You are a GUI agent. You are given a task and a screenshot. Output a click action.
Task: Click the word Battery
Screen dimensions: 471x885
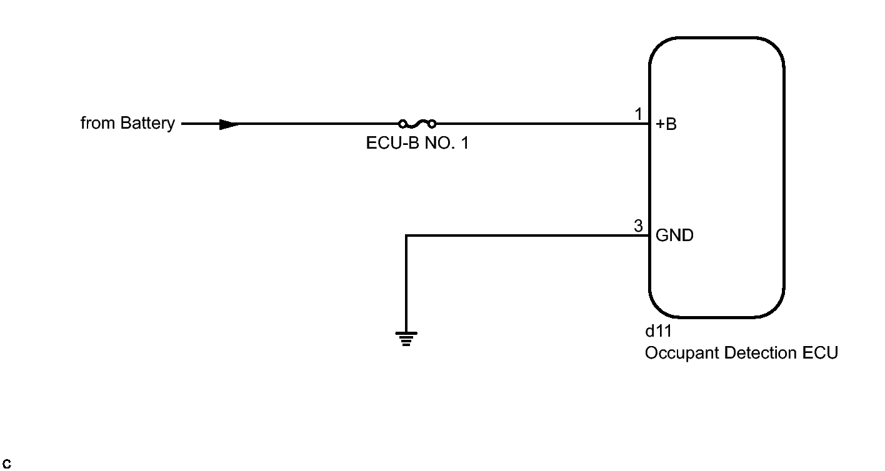coord(147,124)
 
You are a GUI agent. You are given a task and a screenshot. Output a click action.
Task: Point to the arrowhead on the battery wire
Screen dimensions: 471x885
coord(229,124)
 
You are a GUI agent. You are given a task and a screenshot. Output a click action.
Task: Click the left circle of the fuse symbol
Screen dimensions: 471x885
coord(403,124)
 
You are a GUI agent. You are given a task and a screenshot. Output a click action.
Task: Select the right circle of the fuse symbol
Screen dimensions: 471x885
coord(432,124)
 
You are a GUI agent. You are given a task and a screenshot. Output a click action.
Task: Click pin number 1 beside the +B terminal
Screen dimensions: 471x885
coord(638,114)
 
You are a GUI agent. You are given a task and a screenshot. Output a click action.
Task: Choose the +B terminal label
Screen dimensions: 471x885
coord(666,124)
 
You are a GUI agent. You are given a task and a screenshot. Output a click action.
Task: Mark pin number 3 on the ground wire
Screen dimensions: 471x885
coord(638,226)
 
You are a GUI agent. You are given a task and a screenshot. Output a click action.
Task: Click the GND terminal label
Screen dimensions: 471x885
coord(674,236)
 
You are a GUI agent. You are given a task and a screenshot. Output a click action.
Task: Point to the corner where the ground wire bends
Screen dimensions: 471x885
coord(406,236)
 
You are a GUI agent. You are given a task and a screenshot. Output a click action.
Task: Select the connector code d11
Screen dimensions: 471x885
coord(658,331)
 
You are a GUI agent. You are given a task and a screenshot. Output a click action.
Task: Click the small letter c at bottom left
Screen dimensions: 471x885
coord(7,464)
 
